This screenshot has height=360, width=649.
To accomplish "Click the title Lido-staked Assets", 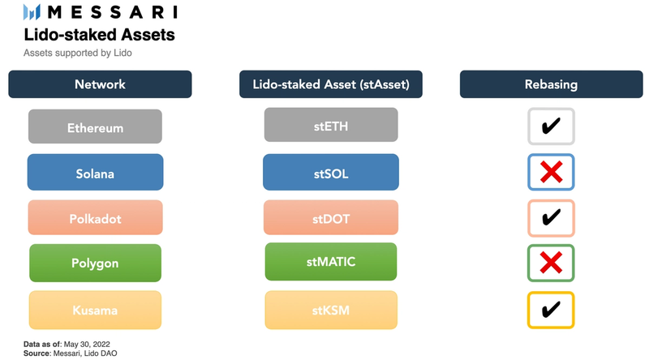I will tap(99, 35).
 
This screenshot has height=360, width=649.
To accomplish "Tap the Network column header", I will tap(100, 84).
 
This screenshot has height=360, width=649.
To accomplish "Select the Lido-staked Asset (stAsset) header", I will tap(330, 84).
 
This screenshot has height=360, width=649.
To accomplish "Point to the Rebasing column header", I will tap(551, 84).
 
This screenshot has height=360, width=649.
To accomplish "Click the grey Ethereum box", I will tap(95, 127).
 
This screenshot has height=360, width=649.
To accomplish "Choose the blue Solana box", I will tap(95, 172).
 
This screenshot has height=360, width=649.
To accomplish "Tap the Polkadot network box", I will tap(95, 217).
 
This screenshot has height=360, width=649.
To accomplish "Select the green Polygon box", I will tap(95, 263).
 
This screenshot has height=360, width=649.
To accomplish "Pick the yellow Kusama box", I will tap(95, 310).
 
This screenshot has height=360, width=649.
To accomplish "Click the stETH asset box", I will tap(330, 125).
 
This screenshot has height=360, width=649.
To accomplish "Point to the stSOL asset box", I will tap(330, 172).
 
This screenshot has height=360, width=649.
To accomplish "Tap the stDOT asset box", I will tap(330, 217).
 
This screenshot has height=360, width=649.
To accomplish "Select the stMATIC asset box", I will tap(330, 261).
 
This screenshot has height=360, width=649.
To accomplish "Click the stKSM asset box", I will tap(330, 310).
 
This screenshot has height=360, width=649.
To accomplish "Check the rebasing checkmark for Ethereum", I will tap(551, 126).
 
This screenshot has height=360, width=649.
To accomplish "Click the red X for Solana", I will tap(551, 172).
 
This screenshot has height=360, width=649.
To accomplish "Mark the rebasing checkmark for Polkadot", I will tap(551, 217).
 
